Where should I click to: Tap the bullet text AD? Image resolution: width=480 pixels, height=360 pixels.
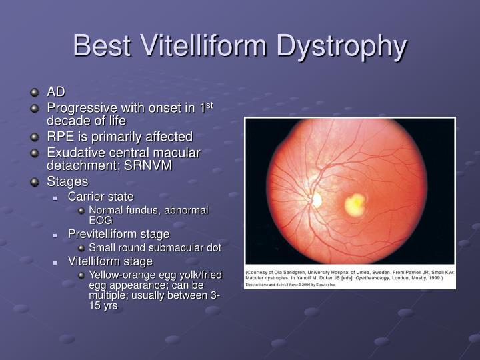(x=55, y=91)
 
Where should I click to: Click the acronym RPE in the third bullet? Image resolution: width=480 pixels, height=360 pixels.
(x=59, y=137)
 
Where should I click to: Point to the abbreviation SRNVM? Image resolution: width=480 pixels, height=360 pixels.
(x=149, y=165)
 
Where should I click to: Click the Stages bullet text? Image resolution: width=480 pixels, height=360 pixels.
(x=67, y=181)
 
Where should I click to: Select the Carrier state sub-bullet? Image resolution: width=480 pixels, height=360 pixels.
(x=101, y=197)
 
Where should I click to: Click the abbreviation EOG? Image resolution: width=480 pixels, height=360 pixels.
(x=101, y=219)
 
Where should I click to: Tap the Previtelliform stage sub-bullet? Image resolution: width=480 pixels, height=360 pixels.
(x=119, y=234)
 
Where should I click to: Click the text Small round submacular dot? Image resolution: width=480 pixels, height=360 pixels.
(x=155, y=247)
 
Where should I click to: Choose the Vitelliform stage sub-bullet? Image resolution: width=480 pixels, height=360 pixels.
(x=110, y=261)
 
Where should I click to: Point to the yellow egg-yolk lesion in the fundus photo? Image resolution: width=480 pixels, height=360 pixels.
(x=355, y=202)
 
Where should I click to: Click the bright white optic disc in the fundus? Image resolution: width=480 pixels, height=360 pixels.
(x=316, y=199)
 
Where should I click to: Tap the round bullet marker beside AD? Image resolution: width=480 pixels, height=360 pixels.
(x=35, y=91)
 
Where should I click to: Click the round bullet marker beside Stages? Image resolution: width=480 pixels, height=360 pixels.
(x=35, y=181)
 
